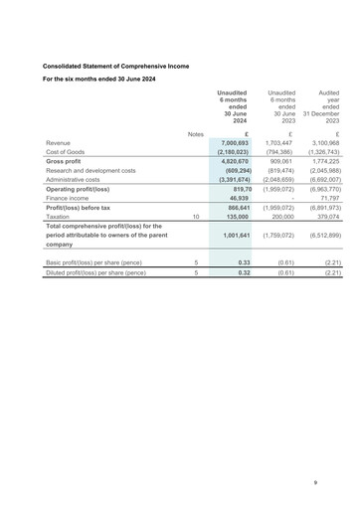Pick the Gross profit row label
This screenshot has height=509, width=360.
[x=64, y=161]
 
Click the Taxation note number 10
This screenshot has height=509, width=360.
[x=196, y=216]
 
